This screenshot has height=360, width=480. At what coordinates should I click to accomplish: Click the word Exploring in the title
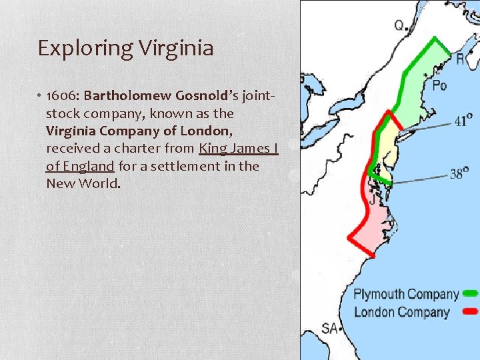76,49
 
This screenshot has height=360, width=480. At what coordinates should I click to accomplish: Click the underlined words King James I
238,148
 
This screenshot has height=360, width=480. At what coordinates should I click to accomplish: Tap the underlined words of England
80,165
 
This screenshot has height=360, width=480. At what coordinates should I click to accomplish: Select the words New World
83,183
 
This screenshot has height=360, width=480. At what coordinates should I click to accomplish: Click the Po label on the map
439,85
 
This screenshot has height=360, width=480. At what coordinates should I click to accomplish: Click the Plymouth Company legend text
406,294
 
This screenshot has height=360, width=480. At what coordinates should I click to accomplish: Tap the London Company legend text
401,311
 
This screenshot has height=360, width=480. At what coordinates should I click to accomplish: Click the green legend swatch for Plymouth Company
471,293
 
